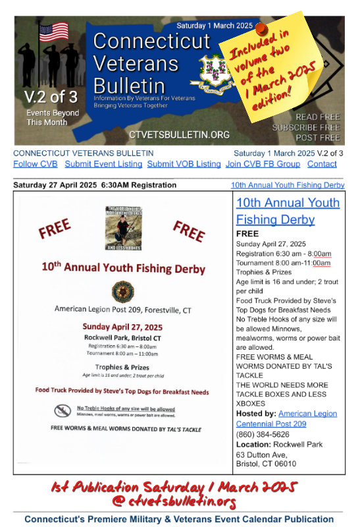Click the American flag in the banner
tap(53, 32)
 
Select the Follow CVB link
tap(35, 164)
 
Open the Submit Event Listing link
tap(103, 164)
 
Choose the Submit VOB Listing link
tap(184, 164)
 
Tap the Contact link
tap(322, 164)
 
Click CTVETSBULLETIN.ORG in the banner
tap(179, 134)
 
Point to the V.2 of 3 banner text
tap(51, 97)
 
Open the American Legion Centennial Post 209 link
tap(286, 418)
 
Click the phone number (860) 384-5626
tap(263, 434)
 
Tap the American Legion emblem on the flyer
tap(122, 291)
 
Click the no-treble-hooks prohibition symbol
tap(63, 411)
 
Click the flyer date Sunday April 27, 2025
tap(122, 327)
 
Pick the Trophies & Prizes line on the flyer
tap(122, 367)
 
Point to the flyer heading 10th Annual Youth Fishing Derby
tap(122, 269)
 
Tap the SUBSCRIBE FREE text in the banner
tap(305, 127)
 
